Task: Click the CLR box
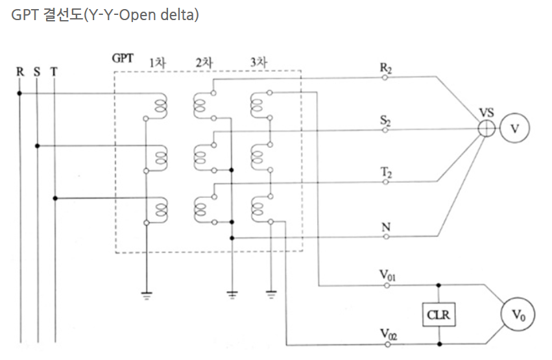point(439,315)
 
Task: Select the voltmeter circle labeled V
point(514,128)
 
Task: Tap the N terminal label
point(386,227)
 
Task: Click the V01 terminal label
point(387,276)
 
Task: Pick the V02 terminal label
point(387,333)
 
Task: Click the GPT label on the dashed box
point(123,58)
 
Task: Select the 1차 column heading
point(158,62)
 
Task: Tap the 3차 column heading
point(258,62)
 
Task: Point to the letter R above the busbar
point(20,72)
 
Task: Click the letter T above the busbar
point(54,72)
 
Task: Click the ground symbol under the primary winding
point(146,294)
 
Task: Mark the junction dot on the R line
point(20,93)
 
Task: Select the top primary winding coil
point(160,104)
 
